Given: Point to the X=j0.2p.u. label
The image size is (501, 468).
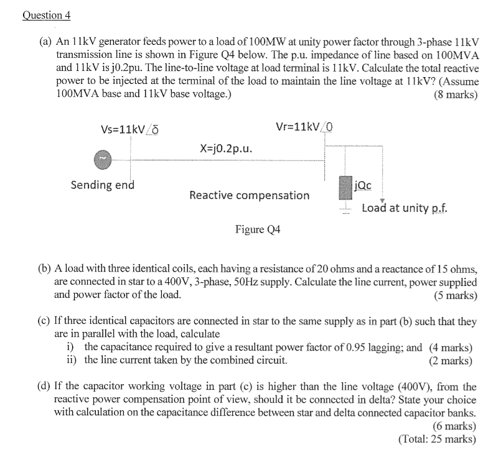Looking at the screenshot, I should click(226, 149).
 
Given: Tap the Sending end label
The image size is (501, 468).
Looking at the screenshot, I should click(102, 185).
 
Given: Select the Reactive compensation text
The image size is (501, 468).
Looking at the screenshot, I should click(249, 195).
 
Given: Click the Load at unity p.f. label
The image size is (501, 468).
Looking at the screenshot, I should click(404, 208).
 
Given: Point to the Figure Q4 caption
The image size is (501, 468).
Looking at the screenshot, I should click(258, 230).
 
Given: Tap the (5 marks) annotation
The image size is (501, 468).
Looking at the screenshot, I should click(456, 295).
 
